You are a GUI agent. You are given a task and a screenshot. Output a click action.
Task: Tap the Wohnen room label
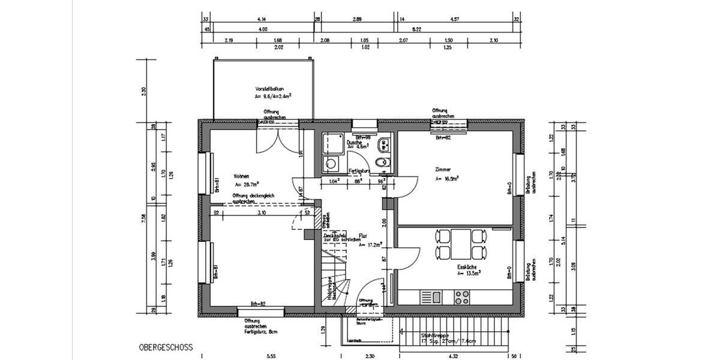tap(241, 176)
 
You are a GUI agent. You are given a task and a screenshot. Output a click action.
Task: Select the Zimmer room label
tap(443, 170)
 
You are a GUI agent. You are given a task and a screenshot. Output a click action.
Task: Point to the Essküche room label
tap(466, 265)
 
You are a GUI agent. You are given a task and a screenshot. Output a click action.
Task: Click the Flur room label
tap(363, 236)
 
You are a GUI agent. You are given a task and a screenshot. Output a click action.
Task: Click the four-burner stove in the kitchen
tap(462, 296)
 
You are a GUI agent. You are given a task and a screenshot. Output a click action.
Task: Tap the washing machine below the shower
tap(330, 164)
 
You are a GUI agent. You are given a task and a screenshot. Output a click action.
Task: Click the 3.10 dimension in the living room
tap(262, 212)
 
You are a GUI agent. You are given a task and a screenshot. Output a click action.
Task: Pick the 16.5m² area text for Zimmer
tap(448, 179)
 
